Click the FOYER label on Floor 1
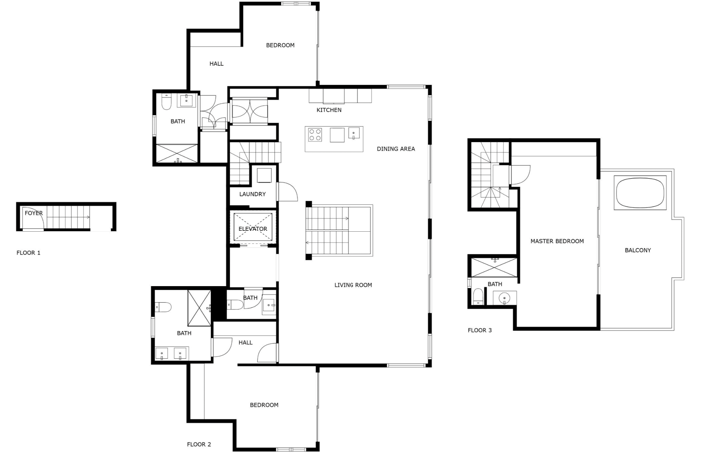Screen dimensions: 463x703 pyautogui.click(x=34, y=213)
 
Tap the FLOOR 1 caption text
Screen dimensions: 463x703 pyautogui.click(x=29, y=253)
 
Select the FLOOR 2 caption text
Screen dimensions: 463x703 pyautogui.click(x=199, y=443)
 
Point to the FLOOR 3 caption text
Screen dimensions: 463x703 pyautogui.click(x=480, y=330)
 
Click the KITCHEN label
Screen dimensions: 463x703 pyautogui.click(x=329, y=110)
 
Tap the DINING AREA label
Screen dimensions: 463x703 pyautogui.click(x=395, y=149)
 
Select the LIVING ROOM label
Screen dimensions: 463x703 pyautogui.click(x=352, y=285)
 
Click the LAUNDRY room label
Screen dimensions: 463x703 pyautogui.click(x=252, y=194)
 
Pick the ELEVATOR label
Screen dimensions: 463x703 pyautogui.click(x=252, y=229)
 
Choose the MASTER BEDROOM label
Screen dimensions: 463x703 pyautogui.click(x=557, y=241)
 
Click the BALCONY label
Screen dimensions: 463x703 pyautogui.click(x=637, y=250)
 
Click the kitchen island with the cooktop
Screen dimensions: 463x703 pyautogui.click(x=334, y=138)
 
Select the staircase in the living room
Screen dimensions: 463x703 pyautogui.click(x=339, y=231)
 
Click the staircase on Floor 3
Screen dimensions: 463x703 pyautogui.click(x=489, y=175)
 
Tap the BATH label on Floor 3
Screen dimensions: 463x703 pyautogui.click(x=495, y=284)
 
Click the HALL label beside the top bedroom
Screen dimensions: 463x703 pyautogui.click(x=216, y=64)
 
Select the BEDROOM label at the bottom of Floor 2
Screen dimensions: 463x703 pyautogui.click(x=263, y=405)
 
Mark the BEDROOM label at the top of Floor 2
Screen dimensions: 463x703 pyautogui.click(x=280, y=45)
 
